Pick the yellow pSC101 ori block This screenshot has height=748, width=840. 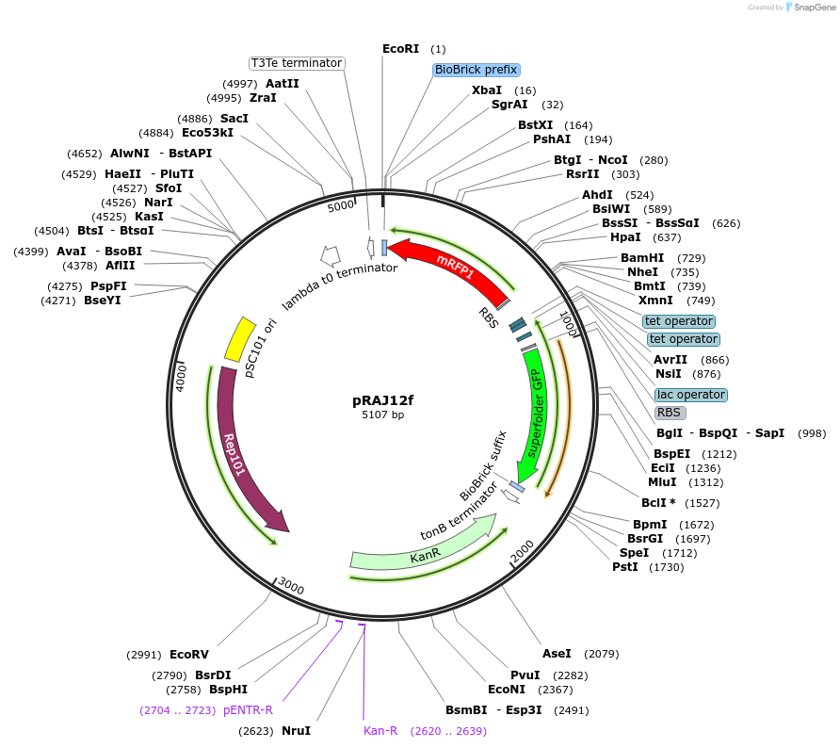(x=240, y=338)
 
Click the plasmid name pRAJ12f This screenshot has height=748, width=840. (x=382, y=399)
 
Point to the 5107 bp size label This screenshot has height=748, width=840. (x=382, y=415)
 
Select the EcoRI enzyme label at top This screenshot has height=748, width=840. (x=400, y=49)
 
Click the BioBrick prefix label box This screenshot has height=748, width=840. (x=476, y=70)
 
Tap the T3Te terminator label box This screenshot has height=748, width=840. (x=296, y=63)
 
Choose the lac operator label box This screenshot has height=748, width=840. (x=690, y=395)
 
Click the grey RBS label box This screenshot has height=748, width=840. (x=670, y=413)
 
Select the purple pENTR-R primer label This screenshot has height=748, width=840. (x=248, y=710)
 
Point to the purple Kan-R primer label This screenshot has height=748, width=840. (x=380, y=730)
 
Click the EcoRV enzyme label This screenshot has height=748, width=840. (x=188, y=655)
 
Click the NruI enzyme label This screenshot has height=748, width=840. (x=296, y=730)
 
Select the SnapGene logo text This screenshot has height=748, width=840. (x=815, y=8)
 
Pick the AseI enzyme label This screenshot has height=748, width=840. (x=557, y=653)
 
